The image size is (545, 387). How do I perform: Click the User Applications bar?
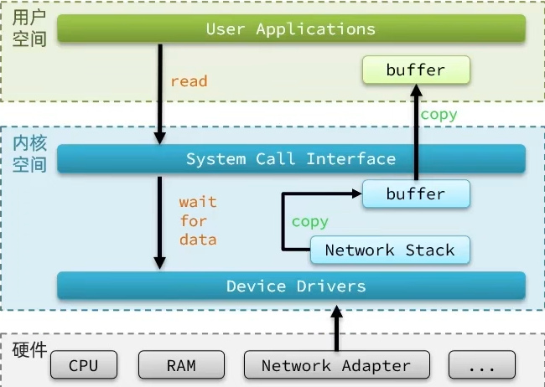coord(291,28)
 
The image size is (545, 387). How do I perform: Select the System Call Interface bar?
coord(291,159)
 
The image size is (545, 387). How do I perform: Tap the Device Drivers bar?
coord(291,286)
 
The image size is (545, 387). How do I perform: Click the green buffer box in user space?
coord(416,70)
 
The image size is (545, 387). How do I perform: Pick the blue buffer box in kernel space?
coord(416,193)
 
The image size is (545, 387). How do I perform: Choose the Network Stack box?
coord(390,250)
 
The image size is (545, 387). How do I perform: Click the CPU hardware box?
coord(84,364)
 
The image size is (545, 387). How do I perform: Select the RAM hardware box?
coord(181,364)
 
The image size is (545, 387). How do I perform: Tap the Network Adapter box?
coord(337,364)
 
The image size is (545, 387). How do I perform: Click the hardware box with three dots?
coord(482,364)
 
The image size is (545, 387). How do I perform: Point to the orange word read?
coord(189,81)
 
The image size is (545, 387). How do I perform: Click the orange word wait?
coord(198,202)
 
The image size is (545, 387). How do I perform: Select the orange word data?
coord(198,240)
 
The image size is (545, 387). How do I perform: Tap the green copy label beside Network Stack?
coord(309,222)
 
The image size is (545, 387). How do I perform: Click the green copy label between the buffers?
coord(439,115)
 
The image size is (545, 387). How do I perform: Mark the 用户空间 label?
coord(29,28)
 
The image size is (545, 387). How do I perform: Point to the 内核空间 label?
coord(29,154)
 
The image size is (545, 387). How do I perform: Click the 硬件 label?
coord(29,350)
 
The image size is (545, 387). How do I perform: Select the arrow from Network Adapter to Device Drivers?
coord(336,328)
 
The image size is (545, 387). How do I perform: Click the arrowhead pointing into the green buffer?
coord(416,90)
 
